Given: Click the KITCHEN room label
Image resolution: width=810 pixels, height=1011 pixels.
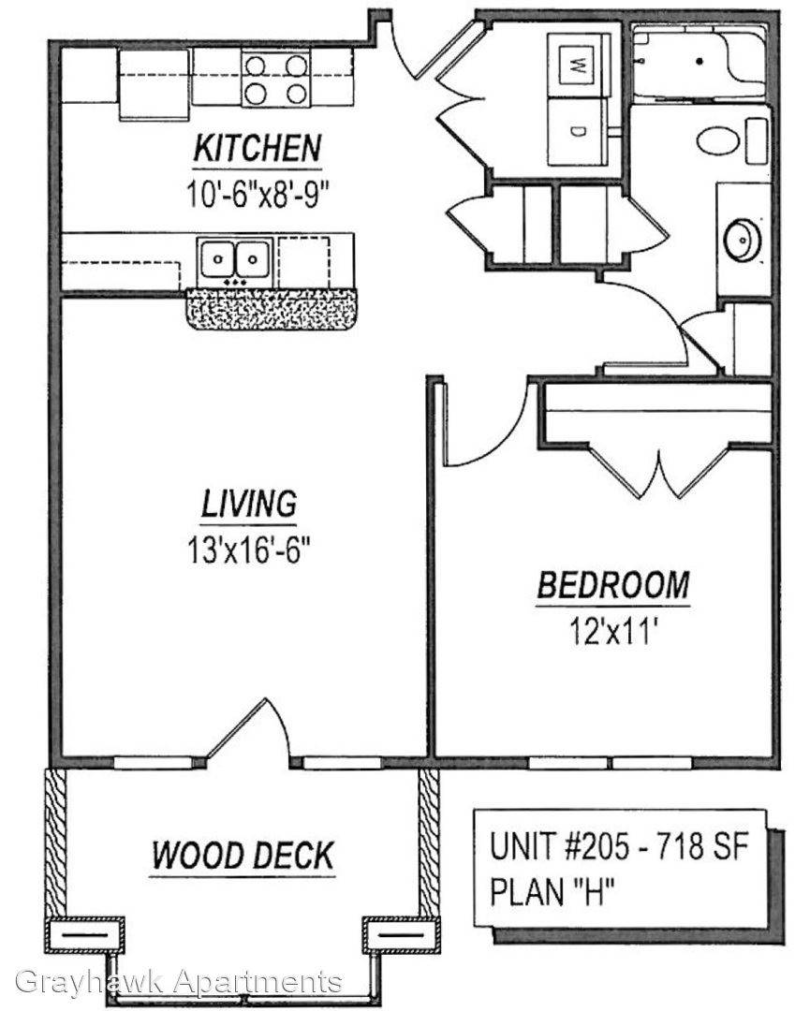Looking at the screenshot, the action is click(x=258, y=148).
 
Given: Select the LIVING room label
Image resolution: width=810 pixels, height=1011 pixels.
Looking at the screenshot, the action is click(x=249, y=504).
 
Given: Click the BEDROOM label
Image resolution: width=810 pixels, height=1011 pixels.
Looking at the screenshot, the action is click(x=613, y=585).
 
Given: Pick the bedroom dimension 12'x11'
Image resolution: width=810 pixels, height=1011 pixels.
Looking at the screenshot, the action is click(x=612, y=631).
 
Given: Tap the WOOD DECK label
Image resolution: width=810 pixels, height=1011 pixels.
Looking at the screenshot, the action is click(x=243, y=855).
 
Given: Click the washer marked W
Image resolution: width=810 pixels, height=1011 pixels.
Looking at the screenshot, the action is click(x=578, y=65).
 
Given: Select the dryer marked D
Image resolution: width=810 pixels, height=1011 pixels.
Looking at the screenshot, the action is click(x=578, y=132).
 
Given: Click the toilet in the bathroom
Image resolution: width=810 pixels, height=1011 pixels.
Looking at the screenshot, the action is click(x=734, y=140).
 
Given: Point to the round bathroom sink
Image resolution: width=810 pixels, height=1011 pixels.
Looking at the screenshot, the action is click(x=744, y=240).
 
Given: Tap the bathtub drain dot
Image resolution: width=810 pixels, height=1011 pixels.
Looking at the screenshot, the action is click(x=700, y=62).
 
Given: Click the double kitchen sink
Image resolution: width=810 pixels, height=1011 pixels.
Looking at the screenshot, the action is click(x=235, y=259).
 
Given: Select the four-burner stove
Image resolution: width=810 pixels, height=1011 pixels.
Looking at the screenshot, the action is click(x=276, y=80).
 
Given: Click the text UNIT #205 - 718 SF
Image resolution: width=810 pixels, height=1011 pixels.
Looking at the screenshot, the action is click(x=618, y=846).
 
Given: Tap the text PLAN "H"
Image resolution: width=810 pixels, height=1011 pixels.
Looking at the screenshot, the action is click(x=551, y=892).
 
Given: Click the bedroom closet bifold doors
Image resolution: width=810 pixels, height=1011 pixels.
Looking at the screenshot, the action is click(x=659, y=471).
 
